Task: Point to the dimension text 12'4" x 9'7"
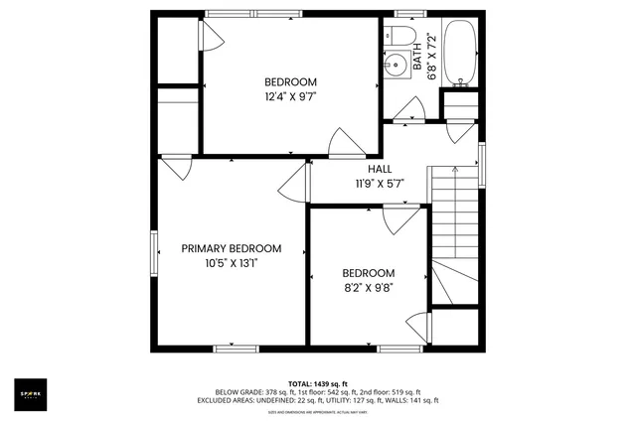click(x=290, y=97)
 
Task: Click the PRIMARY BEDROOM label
click(x=231, y=248)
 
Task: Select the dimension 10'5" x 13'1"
click(x=231, y=263)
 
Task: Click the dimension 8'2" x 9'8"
click(x=369, y=289)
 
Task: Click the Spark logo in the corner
click(x=31, y=394)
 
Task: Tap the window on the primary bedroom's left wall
click(x=154, y=254)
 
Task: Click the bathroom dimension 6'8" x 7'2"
click(x=432, y=54)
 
